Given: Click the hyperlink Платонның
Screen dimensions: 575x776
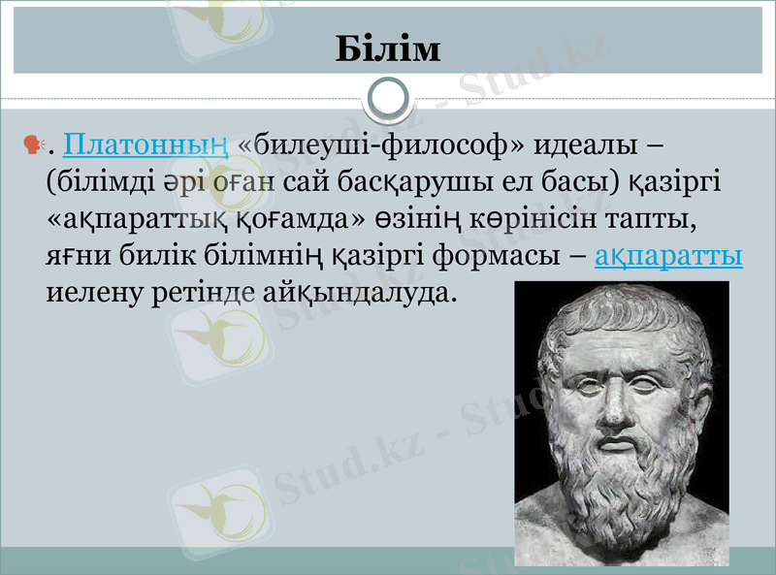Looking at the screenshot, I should [x=145, y=147].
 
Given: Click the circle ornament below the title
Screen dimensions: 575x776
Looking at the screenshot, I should [x=388, y=97].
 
